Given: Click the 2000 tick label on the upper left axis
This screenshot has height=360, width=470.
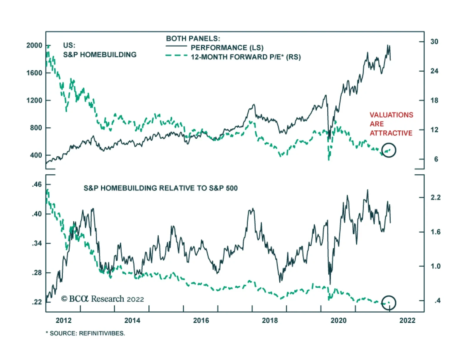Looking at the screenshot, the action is point(34,46).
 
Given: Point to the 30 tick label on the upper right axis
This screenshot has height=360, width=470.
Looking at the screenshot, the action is point(434,41).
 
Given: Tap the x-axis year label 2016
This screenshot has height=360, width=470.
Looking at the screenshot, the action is point(201,320).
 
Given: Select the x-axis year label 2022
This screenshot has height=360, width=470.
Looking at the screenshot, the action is point(407,320).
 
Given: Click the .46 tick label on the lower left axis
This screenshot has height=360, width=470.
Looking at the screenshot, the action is point(36,185).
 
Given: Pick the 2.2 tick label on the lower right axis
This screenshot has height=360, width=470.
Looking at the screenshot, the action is point(435,197).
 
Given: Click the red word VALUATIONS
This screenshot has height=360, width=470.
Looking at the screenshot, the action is point(392,115).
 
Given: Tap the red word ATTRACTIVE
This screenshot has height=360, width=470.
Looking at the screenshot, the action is point(391,133).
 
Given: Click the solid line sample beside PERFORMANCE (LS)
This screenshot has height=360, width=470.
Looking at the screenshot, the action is point(176,46).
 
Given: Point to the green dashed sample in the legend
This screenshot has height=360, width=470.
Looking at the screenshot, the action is point(176,56).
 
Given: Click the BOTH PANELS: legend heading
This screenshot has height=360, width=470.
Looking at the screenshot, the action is point(193,38).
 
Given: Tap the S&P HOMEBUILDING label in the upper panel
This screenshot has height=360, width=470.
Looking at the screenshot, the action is point(100,55).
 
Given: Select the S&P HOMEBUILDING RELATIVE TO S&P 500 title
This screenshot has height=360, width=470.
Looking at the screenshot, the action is point(160,188).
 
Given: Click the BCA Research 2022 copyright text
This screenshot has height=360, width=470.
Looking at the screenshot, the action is point(103,299).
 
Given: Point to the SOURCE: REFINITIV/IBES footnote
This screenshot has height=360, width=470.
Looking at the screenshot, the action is point(85,333).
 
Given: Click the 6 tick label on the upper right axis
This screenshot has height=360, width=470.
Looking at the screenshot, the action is point(436,159).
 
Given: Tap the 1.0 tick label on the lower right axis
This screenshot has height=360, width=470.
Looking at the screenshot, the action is point(435,266).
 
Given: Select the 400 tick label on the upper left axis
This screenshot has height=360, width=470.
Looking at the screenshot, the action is point(36,155).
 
